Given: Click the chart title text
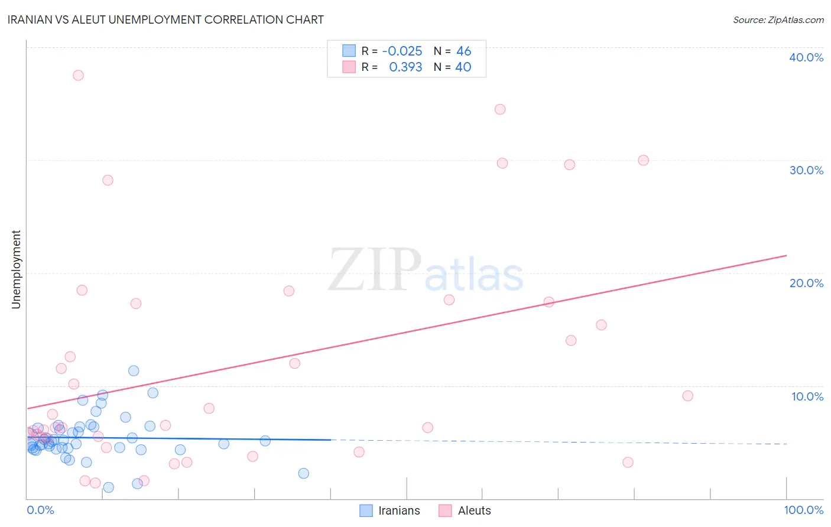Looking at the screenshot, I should click(165, 19).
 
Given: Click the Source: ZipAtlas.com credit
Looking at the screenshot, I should click(778, 20).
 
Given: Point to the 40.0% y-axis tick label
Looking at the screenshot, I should click(806, 57).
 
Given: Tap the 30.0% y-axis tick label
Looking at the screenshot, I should click(806, 170).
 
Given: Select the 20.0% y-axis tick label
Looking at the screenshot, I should click(806, 283).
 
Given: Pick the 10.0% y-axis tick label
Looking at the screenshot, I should click(807, 396).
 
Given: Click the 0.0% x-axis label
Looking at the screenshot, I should click(40, 510).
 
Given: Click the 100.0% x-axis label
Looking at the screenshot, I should click(803, 510).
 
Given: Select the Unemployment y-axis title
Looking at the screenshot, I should click(16, 269).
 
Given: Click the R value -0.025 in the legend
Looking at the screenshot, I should click(402, 51).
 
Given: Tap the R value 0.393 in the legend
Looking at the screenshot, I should click(405, 67).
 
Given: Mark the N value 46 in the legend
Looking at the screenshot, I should click(463, 51).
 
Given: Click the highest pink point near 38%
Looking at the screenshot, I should click(78, 76).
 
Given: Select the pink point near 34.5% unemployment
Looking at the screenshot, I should click(500, 109).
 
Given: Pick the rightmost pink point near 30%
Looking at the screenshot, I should click(644, 160).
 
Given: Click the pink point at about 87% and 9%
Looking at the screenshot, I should click(687, 396).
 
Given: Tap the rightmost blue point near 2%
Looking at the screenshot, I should click(303, 473).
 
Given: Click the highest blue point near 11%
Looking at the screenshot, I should click(134, 371).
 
